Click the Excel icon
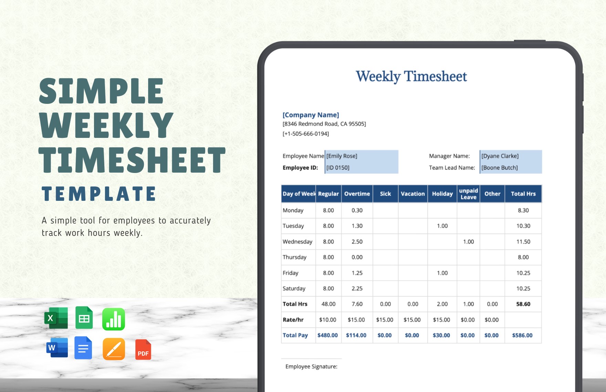[x=56, y=318]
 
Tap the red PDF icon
[x=143, y=350]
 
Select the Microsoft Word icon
[x=57, y=348]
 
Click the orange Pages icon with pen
[x=114, y=349]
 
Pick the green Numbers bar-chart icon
[x=114, y=319]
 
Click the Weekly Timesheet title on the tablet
[x=411, y=76]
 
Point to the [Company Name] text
[x=311, y=115]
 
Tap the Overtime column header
[x=357, y=194]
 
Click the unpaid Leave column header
[x=468, y=194]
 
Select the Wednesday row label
[x=297, y=242]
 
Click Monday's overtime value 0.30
[x=357, y=210]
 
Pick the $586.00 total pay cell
[x=522, y=335]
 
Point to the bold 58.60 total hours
[x=523, y=304]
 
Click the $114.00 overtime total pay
[x=356, y=335]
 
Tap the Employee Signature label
[x=311, y=367]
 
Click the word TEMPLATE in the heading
[x=99, y=194]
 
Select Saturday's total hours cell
[x=523, y=288]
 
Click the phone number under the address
[x=306, y=134]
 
